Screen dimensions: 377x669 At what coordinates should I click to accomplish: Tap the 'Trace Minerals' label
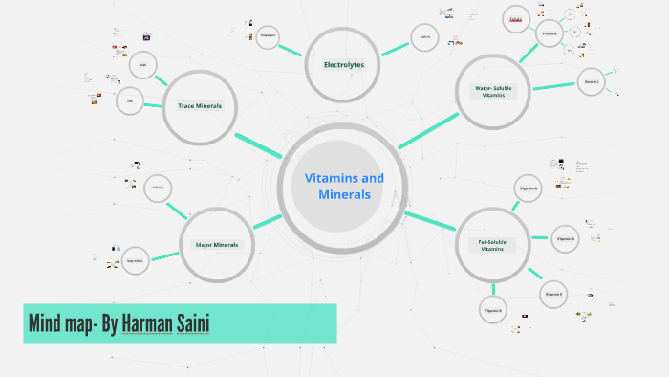(200, 105)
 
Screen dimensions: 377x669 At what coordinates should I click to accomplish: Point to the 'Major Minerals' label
(217, 245)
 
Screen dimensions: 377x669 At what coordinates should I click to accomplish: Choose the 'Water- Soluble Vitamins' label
(495, 92)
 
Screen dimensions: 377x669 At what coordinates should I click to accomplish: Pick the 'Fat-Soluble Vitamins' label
(492, 246)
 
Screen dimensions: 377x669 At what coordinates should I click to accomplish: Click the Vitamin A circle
(529, 189)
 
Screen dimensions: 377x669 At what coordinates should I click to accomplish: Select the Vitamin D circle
(566, 238)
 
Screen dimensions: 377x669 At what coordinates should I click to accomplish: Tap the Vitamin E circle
(554, 294)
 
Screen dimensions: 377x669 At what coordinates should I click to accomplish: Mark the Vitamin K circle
(493, 310)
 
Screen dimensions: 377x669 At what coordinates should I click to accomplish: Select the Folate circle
(516, 19)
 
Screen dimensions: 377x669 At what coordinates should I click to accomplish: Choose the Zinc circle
(130, 100)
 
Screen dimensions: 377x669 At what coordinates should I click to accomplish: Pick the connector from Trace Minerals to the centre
(258, 144)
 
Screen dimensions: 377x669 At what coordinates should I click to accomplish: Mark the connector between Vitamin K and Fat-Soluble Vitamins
(493, 287)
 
